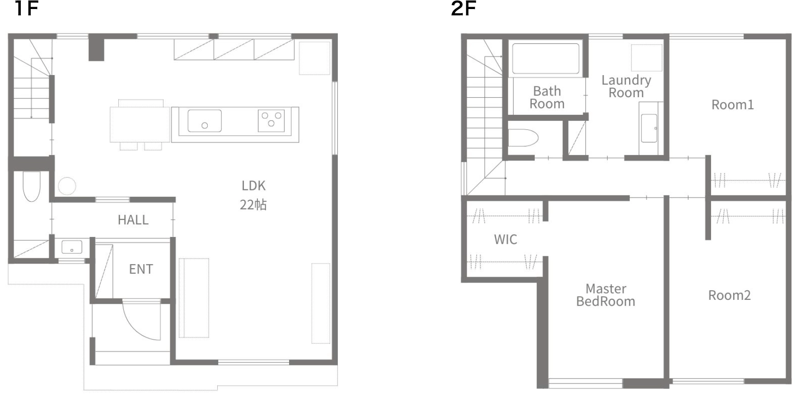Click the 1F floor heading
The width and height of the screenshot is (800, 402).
pyautogui.click(x=26, y=9)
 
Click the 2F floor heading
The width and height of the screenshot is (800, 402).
pyautogui.click(x=463, y=9)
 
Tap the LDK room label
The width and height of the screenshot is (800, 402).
pyautogui.click(x=253, y=185)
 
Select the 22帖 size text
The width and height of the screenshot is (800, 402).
pyautogui.click(x=253, y=205)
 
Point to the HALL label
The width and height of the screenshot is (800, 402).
pyautogui.click(x=133, y=220)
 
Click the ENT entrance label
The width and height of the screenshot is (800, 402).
pyautogui.click(x=141, y=269)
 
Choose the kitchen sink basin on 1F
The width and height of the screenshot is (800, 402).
pyautogui.click(x=205, y=121)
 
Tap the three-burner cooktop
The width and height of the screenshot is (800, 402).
pyautogui.click(x=271, y=121)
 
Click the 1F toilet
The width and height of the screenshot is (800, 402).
pyautogui.click(x=32, y=186)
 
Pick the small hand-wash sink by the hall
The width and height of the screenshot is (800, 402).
pyautogui.click(x=72, y=247)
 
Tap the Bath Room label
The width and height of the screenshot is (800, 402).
pyautogui.click(x=547, y=97)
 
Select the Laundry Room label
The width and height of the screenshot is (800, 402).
pyautogui.click(x=626, y=86)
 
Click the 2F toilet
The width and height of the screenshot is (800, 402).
pyautogui.click(x=523, y=138)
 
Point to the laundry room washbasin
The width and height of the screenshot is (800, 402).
pyautogui.click(x=649, y=128)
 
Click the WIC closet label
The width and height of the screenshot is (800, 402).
pyautogui.click(x=505, y=239)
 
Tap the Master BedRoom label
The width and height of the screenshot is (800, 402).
pyautogui.click(x=606, y=295)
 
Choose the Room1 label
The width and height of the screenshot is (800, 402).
pyautogui.click(x=732, y=105)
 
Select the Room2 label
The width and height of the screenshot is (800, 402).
pyautogui.click(x=729, y=295)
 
